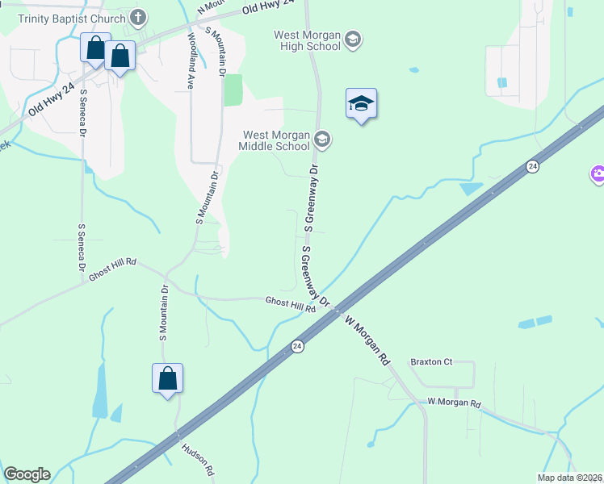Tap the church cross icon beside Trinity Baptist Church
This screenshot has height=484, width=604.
click(x=138, y=18)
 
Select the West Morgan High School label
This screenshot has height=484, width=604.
click(x=307, y=40)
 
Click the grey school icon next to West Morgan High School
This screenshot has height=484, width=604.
click(x=352, y=39)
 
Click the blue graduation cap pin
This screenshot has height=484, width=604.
click(x=362, y=104)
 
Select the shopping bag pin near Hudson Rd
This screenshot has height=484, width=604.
click(x=167, y=379)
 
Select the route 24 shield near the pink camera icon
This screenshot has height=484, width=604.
click(x=531, y=166)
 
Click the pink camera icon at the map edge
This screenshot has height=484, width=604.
click(x=598, y=173)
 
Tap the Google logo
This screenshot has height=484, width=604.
click(x=27, y=474)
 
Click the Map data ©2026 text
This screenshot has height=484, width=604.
click(x=568, y=478)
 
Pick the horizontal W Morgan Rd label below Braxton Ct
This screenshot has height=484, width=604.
click(x=454, y=403)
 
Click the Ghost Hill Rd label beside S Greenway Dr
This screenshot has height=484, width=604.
click(x=290, y=304)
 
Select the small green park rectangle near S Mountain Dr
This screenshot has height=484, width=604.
click(x=233, y=90)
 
